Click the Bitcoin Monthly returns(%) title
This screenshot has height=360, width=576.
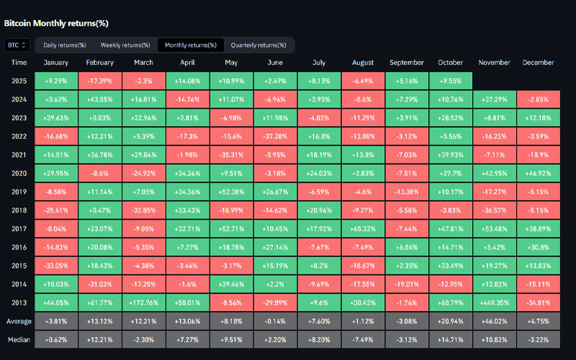56,23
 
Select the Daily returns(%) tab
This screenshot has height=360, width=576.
64,45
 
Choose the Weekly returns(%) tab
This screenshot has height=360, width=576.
125,45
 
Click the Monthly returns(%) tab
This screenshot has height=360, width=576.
190,45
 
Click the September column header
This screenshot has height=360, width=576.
407,63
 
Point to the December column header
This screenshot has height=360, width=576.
538,63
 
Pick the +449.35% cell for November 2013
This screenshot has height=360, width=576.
495,303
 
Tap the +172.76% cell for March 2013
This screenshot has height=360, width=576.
144,303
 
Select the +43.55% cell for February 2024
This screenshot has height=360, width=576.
100,99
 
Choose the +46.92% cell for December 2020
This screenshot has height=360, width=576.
538,174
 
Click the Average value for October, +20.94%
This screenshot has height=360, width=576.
451,322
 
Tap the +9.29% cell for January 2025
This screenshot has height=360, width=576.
56,81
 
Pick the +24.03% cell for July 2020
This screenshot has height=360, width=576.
319,174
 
